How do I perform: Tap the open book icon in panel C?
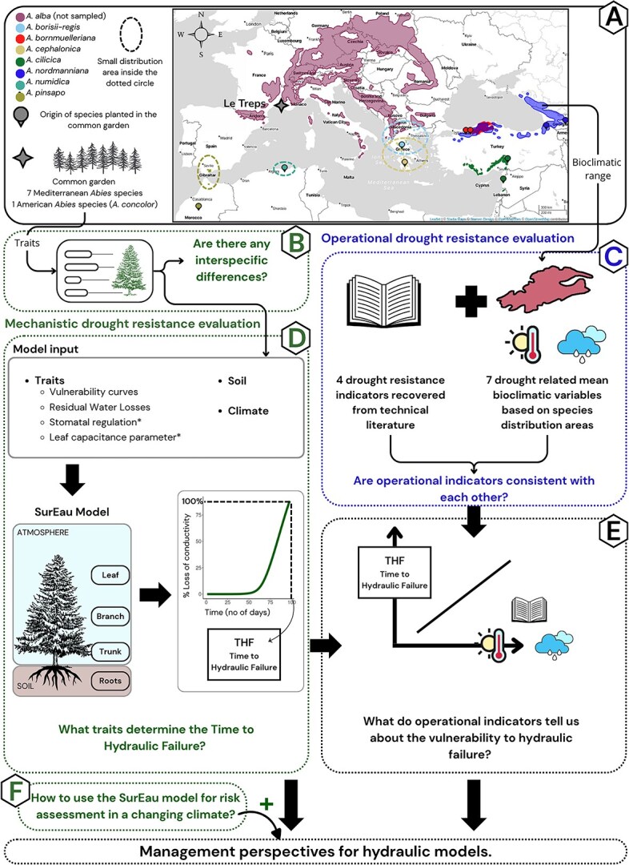[x=365, y=296]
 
